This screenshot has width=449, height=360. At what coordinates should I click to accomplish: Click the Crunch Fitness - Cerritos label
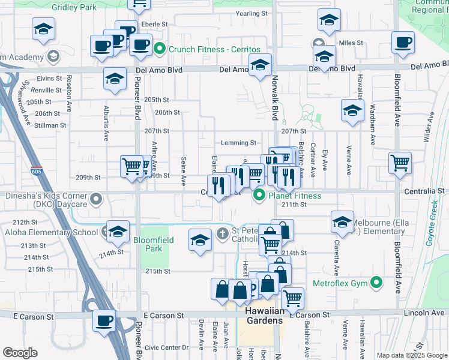[206, 49]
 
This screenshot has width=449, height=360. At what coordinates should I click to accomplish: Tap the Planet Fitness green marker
[260, 195]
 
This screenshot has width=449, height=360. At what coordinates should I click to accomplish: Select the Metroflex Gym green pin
[376, 282]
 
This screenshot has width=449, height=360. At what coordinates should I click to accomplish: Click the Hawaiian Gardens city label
[264, 320]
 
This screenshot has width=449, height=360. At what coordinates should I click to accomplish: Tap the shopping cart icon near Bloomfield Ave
[400, 163]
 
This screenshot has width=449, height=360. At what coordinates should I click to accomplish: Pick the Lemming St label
[239, 143]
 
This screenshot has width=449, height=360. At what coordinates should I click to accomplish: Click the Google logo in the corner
[20, 353]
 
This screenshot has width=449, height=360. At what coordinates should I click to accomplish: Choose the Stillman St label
[51, 125]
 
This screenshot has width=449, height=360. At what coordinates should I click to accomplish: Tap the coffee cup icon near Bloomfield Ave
[402, 42]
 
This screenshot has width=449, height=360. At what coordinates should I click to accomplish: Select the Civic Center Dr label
[167, 347]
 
